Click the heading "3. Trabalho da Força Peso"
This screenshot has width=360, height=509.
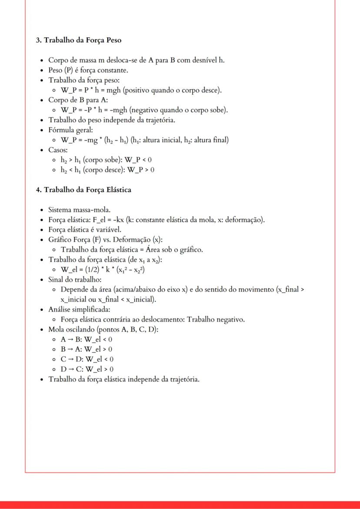78,40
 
